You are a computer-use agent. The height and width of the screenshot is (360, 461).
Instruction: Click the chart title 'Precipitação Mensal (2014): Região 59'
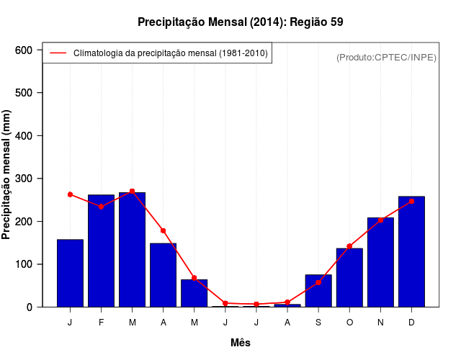coord(240,22)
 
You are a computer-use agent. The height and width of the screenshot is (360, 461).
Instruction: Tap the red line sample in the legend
coord(58,53)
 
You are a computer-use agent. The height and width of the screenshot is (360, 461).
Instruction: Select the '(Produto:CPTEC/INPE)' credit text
coord(386,57)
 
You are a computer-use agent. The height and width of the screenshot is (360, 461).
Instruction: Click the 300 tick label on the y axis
coord(24,179)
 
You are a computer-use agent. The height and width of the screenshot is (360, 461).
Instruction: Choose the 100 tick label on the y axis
coord(24,264)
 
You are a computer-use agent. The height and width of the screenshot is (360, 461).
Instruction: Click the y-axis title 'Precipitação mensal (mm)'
coord(7,175)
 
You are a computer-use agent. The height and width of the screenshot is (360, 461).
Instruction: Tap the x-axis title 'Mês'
coord(241,343)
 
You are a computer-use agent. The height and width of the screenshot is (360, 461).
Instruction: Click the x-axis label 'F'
coord(101,323)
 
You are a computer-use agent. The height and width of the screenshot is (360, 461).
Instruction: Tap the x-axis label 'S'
coord(318,323)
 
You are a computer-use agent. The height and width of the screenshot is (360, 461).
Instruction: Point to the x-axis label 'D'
coord(411,323)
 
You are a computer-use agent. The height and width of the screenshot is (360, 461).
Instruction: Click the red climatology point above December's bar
coord(411,202)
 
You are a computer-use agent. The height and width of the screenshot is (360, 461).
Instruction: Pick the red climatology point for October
coord(349,246)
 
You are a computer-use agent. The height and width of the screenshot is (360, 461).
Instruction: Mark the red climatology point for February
coord(101,207)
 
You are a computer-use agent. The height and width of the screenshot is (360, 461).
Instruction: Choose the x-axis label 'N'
coord(380,323)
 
